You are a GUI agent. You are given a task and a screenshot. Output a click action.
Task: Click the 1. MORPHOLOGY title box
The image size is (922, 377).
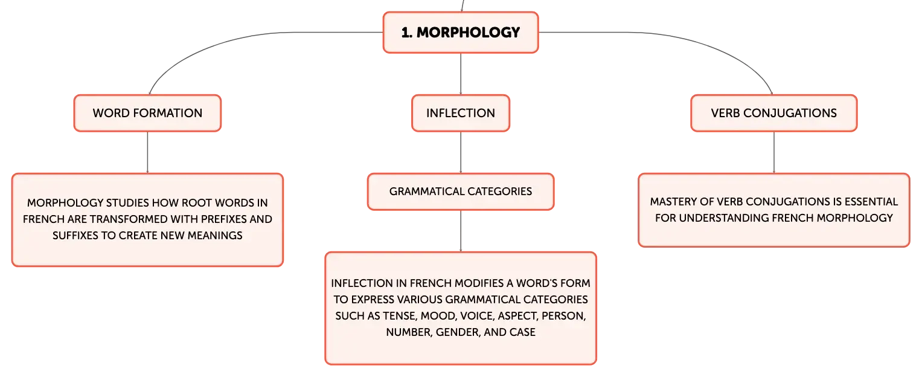[x=461, y=33]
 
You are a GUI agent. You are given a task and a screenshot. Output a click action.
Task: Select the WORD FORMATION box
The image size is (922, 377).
[x=147, y=114]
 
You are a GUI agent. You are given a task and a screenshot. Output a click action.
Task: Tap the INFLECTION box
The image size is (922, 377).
[x=461, y=114]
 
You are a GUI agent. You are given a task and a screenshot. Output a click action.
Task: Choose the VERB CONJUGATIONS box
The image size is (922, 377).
[x=774, y=114]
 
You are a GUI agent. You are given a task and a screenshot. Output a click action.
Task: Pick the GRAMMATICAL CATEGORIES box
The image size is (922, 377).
[x=461, y=192]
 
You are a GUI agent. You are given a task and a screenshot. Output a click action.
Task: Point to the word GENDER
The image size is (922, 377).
[x=458, y=332]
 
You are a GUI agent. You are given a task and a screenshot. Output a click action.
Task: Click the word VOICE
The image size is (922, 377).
[x=477, y=316]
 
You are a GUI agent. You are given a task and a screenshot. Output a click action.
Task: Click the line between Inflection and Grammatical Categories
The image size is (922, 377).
[x=461, y=152]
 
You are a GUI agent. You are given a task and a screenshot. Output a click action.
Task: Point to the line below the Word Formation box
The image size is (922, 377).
[x=147, y=152]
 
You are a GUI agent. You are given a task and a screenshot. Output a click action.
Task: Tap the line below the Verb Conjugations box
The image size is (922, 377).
[x=774, y=152]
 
